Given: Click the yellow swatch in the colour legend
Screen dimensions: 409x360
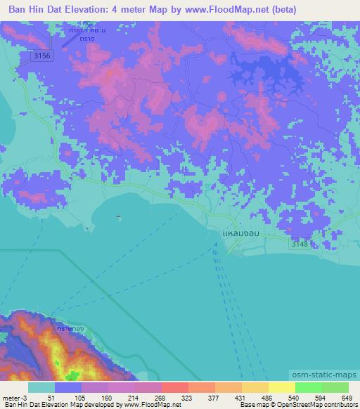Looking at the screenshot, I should pyautogui.click(x=281, y=387).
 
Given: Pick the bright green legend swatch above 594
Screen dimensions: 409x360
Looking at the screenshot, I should pyautogui.click(x=308, y=387).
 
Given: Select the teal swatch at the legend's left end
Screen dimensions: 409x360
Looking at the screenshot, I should pyautogui.click(x=41, y=387).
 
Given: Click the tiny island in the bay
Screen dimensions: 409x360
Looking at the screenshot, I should pyautogui.click(x=118, y=217).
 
